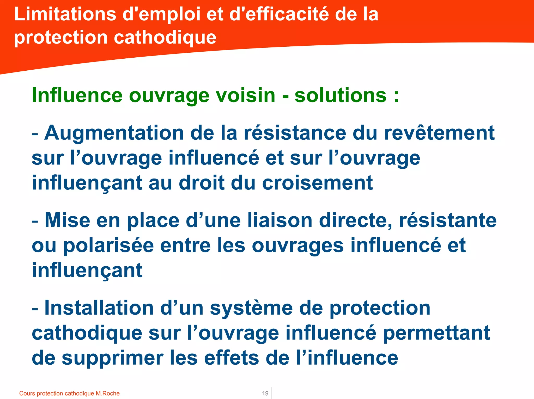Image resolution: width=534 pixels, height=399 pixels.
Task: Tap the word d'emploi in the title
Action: [162, 14]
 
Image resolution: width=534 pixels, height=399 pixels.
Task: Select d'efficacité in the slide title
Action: [279, 14]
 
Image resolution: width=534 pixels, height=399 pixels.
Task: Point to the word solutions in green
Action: [341, 95]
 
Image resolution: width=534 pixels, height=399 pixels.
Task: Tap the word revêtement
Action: [439, 133]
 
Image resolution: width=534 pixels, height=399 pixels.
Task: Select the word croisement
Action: [317, 183]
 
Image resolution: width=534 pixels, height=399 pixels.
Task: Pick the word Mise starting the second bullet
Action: [67, 220]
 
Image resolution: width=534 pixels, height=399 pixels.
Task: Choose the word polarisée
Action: [108, 245]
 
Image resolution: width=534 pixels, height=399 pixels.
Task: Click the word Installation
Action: [99, 308]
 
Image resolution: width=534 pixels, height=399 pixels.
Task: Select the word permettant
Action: [436, 333]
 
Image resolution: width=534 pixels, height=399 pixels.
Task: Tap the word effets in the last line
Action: [232, 358]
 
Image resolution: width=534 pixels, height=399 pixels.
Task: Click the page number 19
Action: [265, 393]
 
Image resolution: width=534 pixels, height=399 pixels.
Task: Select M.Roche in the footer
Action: [107, 393]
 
